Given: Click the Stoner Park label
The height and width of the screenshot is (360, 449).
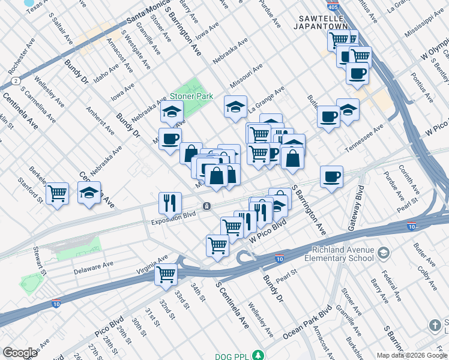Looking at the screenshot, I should pos(191,96).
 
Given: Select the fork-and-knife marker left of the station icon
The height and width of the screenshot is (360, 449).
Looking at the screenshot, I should pos(170,203).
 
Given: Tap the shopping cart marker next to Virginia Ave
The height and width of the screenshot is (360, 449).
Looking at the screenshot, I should pos(166,274).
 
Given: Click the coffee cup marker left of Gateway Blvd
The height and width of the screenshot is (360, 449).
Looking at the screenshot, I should pos(331,176).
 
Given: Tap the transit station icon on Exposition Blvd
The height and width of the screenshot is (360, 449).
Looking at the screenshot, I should pos(206,206).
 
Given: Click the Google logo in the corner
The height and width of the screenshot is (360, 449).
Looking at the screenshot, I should pos(20,352).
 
